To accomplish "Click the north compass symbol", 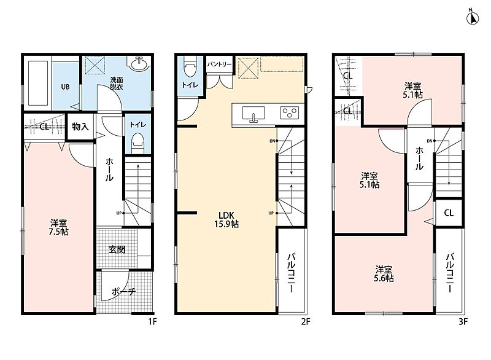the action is [473, 18].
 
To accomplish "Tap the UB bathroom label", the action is [65, 87].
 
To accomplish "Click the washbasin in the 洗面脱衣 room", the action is [139, 65].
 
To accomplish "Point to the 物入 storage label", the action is [80, 127].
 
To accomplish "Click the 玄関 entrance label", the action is [117, 249].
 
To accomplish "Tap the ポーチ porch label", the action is [123, 292].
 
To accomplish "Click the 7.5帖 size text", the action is [58, 232].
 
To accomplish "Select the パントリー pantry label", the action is [219, 65].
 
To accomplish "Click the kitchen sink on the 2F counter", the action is [253, 114].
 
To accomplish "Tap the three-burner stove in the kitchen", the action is [289, 113].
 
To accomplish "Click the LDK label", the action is [226, 215].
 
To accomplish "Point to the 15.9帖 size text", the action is [226, 224].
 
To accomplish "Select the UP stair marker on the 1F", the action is [119, 213].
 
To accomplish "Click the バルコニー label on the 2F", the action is [291, 273].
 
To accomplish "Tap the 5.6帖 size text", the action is [384, 278].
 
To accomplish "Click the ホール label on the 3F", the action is [419, 159].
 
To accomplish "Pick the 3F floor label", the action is [463, 321].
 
